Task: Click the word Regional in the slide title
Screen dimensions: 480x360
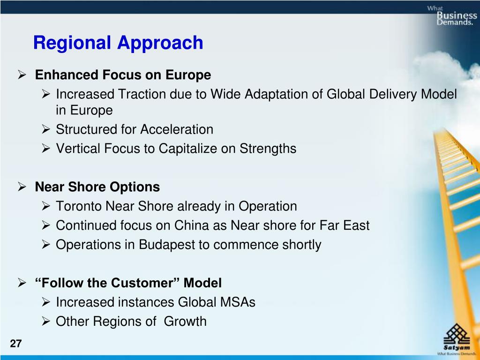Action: pyautogui.click(x=72, y=43)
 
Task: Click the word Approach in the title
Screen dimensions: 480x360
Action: pyautogui.click(x=160, y=43)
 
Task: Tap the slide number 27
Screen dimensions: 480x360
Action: pyautogui.click(x=16, y=344)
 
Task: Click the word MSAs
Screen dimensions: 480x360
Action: pyautogui.click(x=238, y=302)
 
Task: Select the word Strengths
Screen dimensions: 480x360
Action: pyautogui.click(x=268, y=149)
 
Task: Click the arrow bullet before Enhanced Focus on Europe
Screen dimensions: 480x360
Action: pyautogui.click(x=22, y=75)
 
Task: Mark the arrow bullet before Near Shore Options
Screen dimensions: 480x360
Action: pyautogui.click(x=22, y=187)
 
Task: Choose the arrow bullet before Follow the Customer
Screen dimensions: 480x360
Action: pyautogui.click(x=22, y=283)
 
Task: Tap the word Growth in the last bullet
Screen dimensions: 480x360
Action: pyautogui.click(x=185, y=322)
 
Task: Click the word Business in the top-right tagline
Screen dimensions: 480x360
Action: pyautogui.click(x=457, y=15)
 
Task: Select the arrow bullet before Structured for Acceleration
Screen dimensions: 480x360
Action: pyautogui.click(x=46, y=129)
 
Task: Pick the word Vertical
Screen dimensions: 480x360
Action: pyautogui.click(x=78, y=149)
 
